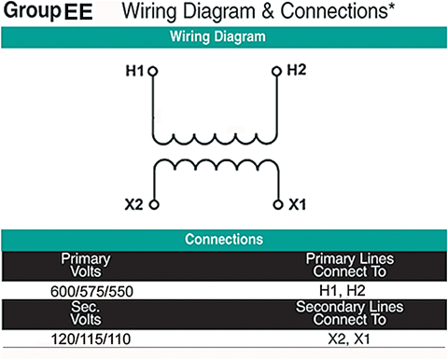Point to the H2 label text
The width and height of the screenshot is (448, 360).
[297, 71]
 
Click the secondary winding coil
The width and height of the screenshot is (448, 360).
[215, 167]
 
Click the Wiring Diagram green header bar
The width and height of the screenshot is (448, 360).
[224, 38]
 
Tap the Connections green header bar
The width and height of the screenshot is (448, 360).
[224, 239]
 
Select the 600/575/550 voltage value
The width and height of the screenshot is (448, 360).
[91, 290]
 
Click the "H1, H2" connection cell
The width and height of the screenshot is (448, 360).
[343, 290]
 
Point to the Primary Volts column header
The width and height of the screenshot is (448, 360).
[86, 265]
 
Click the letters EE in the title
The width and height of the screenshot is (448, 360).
[78, 13]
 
